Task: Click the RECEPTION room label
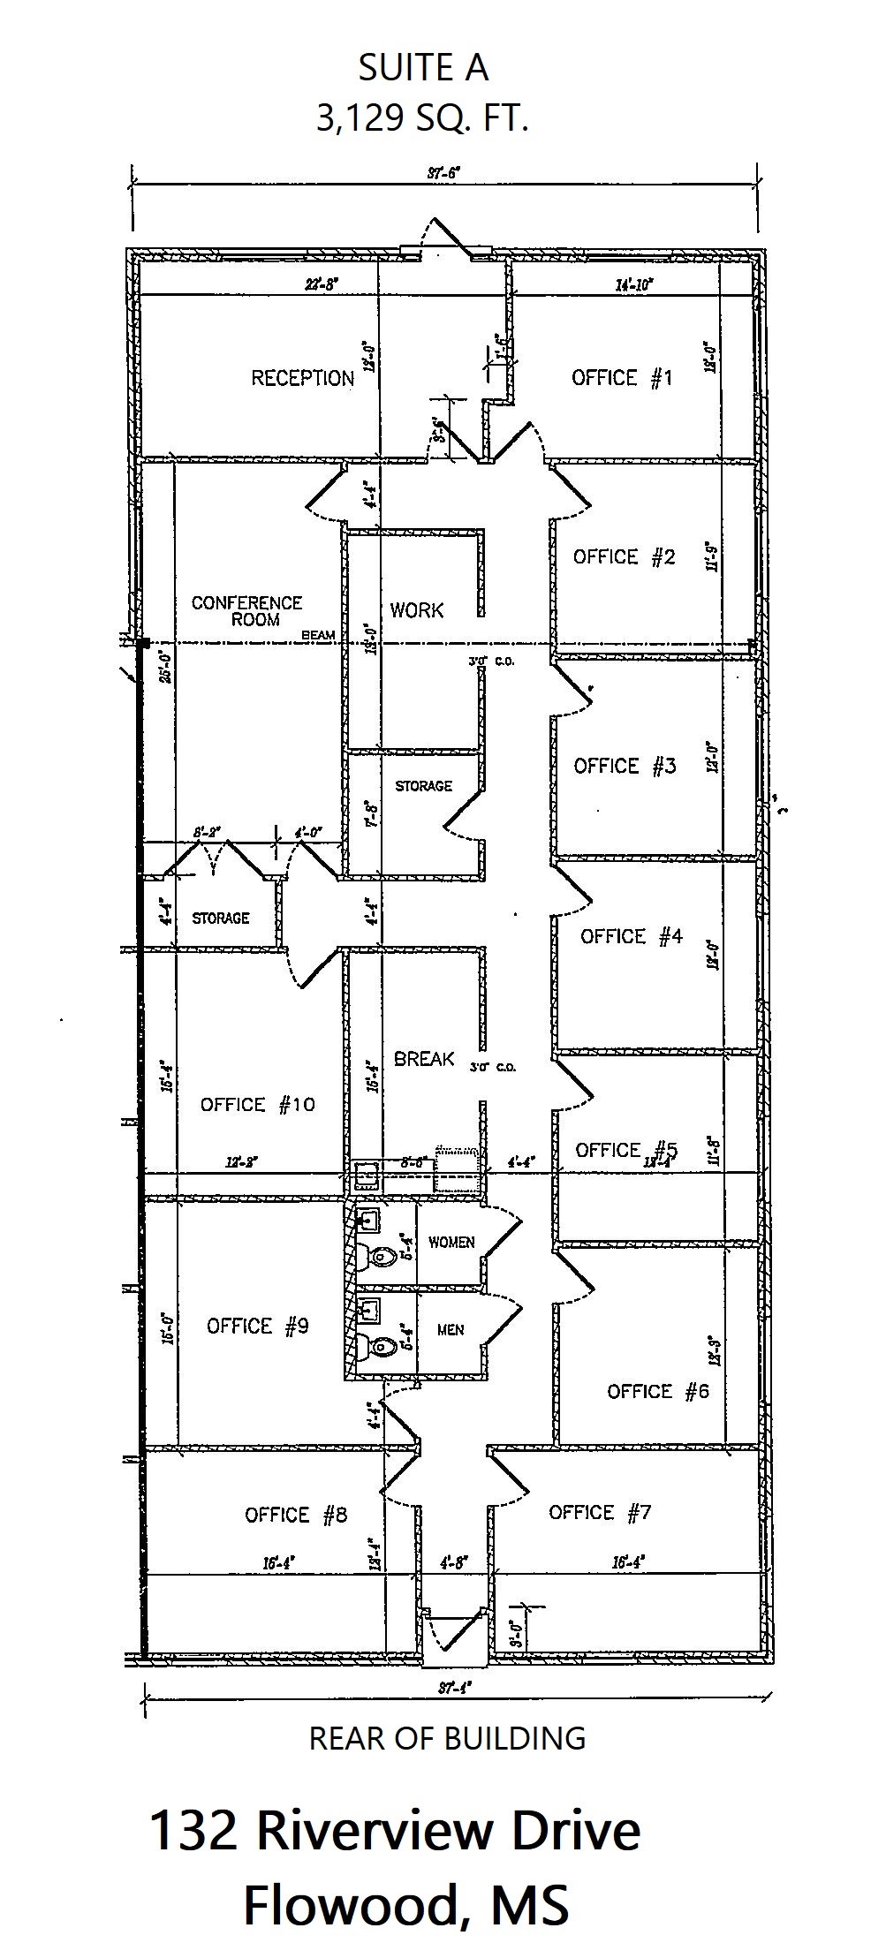pyautogui.click(x=302, y=379)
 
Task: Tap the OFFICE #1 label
pyautogui.click(x=622, y=378)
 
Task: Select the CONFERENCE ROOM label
pyautogui.click(x=246, y=611)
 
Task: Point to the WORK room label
pyautogui.click(x=417, y=610)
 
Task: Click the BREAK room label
pyautogui.click(x=424, y=1059)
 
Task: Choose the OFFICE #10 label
pyautogui.click(x=257, y=1105)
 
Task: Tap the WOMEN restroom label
pyautogui.click(x=451, y=1243)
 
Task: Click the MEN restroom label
pyautogui.click(x=451, y=1330)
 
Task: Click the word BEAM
pyautogui.click(x=318, y=635)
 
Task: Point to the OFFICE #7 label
pyautogui.click(x=600, y=1513)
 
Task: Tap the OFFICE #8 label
pyautogui.click(x=296, y=1516)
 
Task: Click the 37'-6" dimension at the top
pyautogui.click(x=443, y=174)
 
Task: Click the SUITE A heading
pyautogui.click(x=423, y=69)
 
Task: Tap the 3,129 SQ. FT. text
pyautogui.click(x=423, y=117)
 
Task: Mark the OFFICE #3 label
pyautogui.click(x=625, y=766)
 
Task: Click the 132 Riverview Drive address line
pyautogui.click(x=395, y=1830)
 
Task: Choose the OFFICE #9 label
pyautogui.click(x=257, y=1327)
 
